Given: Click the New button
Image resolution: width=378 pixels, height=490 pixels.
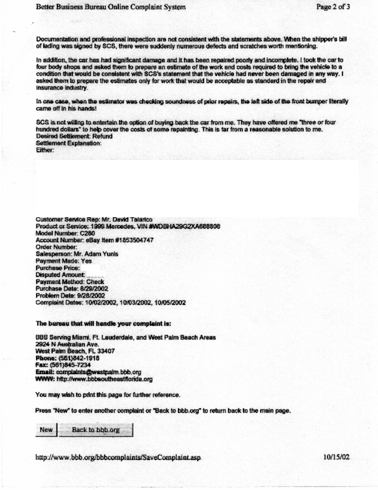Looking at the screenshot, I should point(46,430).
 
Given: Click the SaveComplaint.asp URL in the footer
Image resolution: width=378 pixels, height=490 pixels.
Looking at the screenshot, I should point(118,457).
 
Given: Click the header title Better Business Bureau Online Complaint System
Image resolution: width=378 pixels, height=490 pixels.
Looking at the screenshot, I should point(111,7).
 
